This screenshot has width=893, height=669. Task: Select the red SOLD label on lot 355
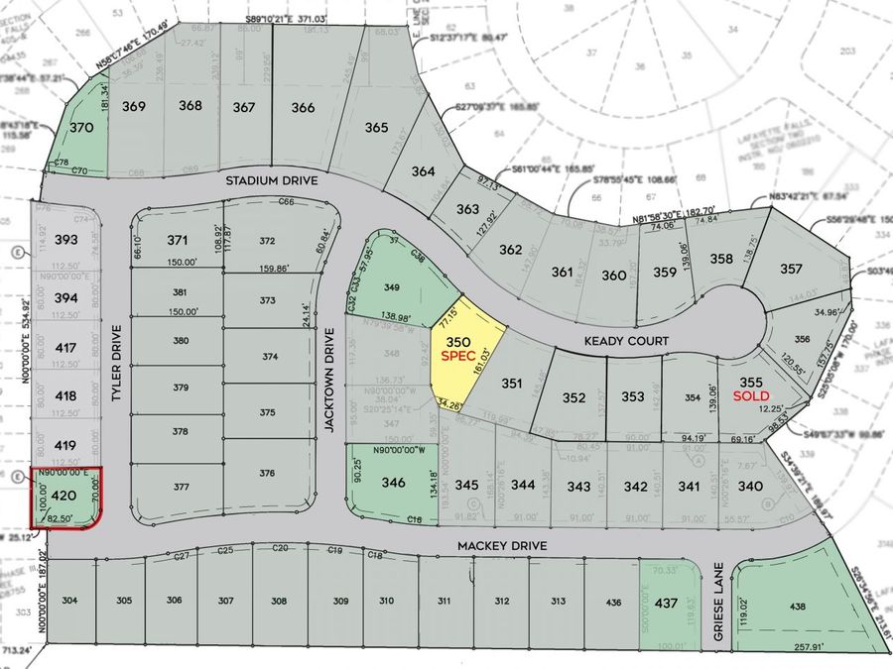point(750,395)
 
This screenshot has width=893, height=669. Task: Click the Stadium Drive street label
point(271,181)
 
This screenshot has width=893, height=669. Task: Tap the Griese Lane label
point(720,608)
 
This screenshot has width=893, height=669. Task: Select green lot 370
point(82,128)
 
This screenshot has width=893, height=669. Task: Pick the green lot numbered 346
point(366,483)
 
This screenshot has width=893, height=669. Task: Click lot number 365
point(376,128)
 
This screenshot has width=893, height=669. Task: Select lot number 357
point(791,269)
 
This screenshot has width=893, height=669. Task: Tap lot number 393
point(66,240)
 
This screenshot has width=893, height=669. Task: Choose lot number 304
point(70,601)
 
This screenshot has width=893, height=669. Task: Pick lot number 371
point(178,240)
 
